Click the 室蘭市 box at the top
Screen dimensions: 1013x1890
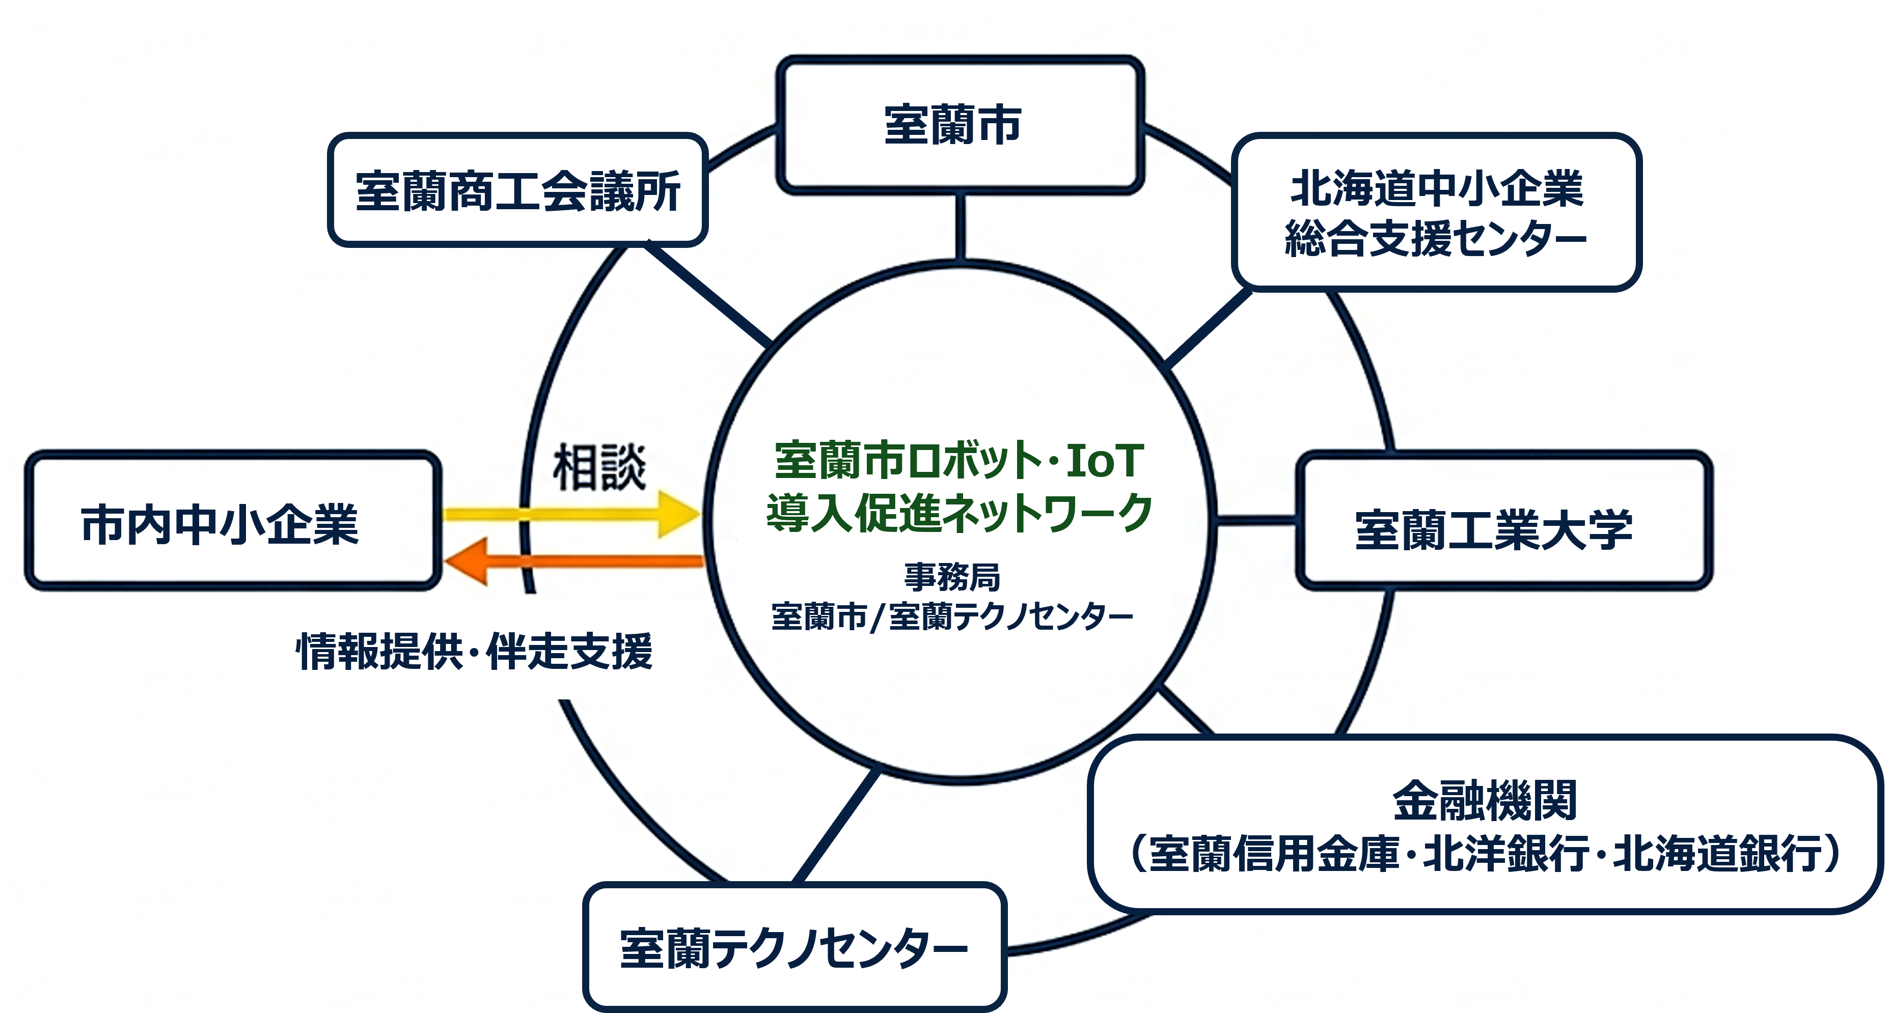[960, 125]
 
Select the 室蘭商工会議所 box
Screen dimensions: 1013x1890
[517, 191]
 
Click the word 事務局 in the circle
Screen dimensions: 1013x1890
[951, 577]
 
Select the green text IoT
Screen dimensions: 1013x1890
[1104, 461]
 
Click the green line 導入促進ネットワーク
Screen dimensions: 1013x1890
[959, 513]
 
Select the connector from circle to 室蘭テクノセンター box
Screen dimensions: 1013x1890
[836, 825]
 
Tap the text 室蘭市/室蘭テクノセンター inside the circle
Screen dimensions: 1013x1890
[951, 616]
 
